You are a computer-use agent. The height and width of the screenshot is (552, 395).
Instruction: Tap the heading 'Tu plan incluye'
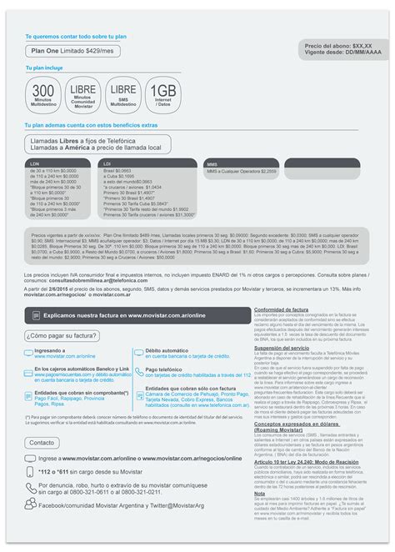coord(45,69)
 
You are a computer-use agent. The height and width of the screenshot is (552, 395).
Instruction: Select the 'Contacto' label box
coord(41,443)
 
